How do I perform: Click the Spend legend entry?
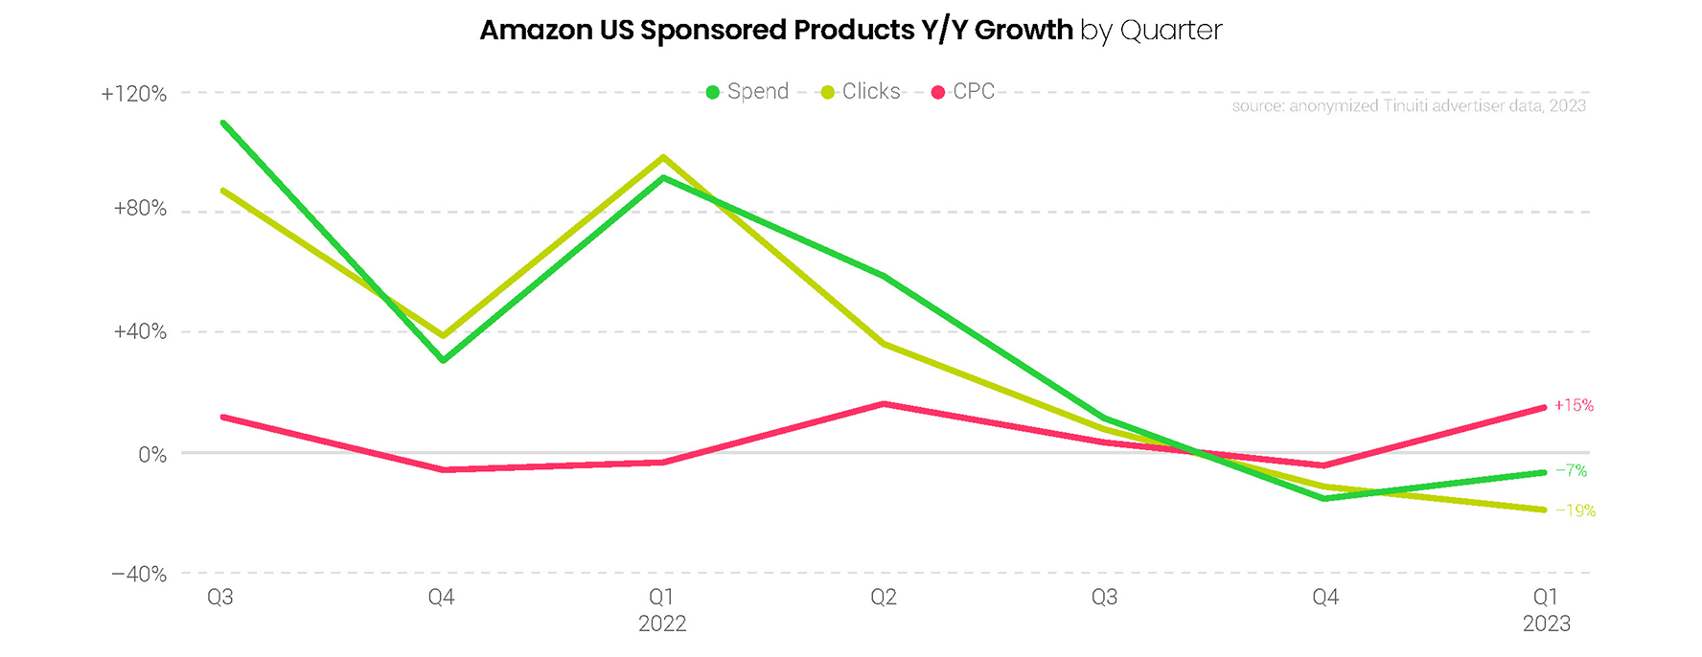[x=747, y=92]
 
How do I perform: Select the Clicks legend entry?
[x=862, y=92]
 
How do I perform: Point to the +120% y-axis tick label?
[x=134, y=94]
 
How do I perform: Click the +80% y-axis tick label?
[x=140, y=209]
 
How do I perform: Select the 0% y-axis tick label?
[x=152, y=455]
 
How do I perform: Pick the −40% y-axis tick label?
[x=139, y=575]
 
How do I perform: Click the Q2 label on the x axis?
[x=883, y=598]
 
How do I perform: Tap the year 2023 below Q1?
[x=1546, y=623]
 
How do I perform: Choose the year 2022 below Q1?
[x=662, y=623]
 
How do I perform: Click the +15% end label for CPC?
[x=1574, y=406]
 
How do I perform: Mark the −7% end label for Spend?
[x=1571, y=471]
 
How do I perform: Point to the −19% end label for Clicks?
[x=1575, y=511]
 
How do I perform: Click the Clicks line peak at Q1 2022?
[x=663, y=157]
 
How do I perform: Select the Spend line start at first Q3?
[x=222, y=123]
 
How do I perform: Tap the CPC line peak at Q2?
[x=884, y=404]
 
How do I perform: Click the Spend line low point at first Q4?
[x=443, y=360]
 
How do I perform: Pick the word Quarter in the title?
[x=1171, y=31]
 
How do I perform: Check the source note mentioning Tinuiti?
[x=1408, y=105]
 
